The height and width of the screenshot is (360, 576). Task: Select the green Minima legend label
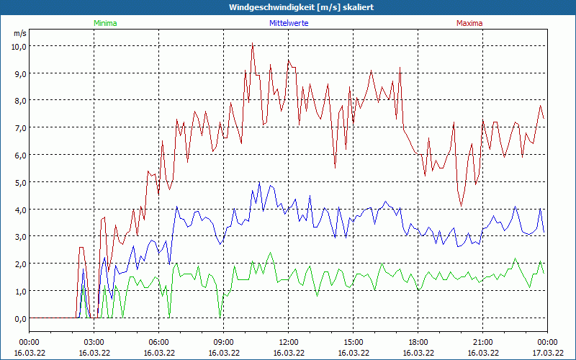pyautogui.click(x=104, y=23)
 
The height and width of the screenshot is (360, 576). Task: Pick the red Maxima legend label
pyautogui.click(x=469, y=23)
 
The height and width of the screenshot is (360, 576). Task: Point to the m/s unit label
pyautogui.click(x=19, y=33)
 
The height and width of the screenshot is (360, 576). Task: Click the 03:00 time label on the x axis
pyautogui.click(x=94, y=342)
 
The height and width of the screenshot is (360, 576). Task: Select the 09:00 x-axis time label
pyautogui.click(x=223, y=342)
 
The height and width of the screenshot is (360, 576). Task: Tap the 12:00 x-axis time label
pyautogui.click(x=288, y=342)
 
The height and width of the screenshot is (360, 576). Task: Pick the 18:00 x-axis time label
pyautogui.click(x=418, y=342)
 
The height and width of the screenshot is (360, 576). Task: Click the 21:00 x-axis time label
pyautogui.click(x=482, y=342)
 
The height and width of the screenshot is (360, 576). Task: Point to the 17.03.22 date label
pyautogui.click(x=547, y=353)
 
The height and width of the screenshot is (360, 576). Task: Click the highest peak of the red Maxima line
pyautogui.click(x=253, y=43)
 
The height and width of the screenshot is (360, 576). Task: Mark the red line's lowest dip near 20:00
pyautogui.click(x=462, y=207)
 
